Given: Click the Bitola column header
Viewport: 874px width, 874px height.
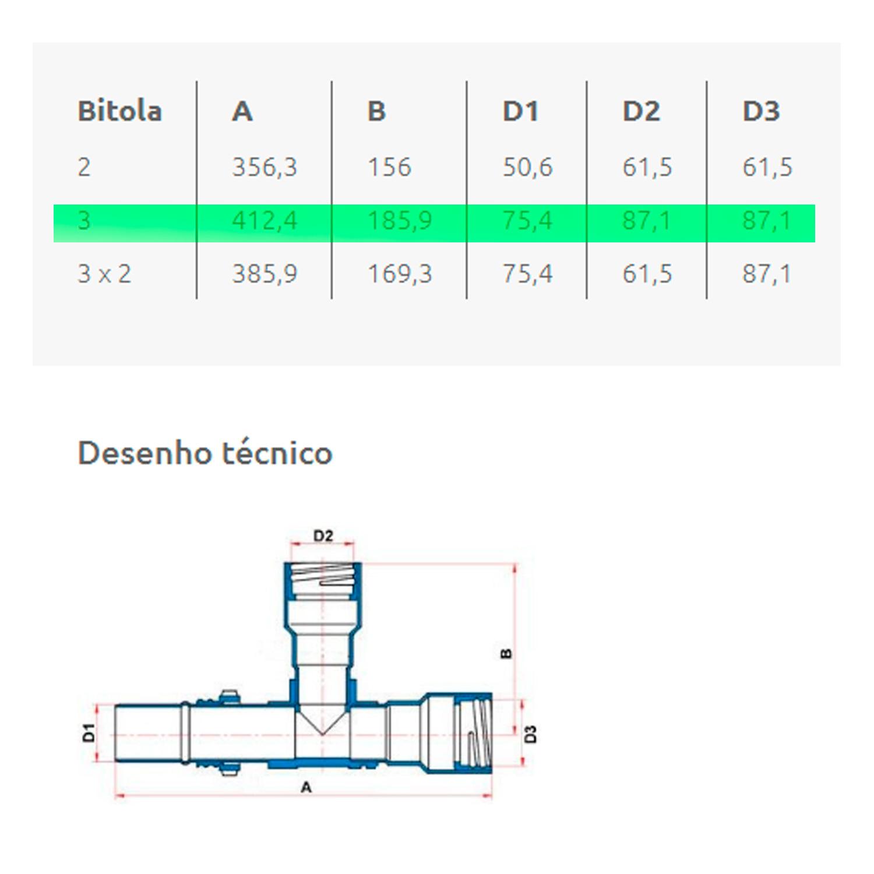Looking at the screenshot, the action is tap(119, 111).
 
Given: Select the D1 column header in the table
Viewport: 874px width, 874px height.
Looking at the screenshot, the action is tap(520, 111).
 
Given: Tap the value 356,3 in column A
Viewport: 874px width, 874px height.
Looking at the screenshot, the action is tap(265, 167).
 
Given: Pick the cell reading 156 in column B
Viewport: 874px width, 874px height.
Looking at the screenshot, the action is tap(389, 167).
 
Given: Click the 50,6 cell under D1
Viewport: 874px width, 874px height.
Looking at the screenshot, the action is tap(527, 167).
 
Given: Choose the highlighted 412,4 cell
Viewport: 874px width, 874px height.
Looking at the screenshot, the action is tap(265, 221).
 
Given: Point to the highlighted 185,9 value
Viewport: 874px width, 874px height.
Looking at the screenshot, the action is tap(400, 221).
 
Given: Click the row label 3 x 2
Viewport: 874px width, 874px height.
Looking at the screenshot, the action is tap(104, 274).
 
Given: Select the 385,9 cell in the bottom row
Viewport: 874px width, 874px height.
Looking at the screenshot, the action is tap(265, 274).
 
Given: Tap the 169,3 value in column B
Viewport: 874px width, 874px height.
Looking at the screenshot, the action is tap(400, 274).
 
